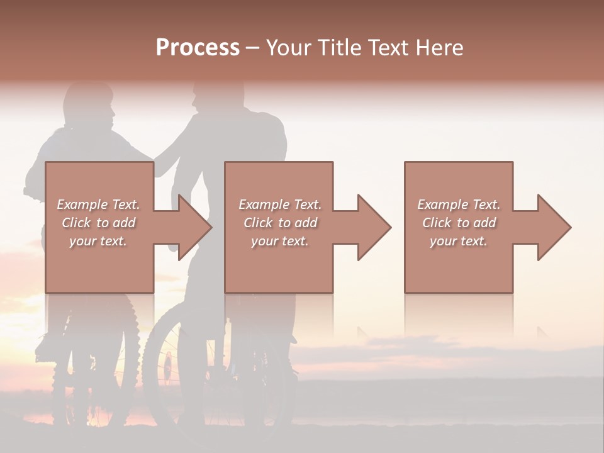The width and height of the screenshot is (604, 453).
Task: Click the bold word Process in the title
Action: pos(198,47)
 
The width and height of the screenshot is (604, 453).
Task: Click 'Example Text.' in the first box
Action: pos(98,204)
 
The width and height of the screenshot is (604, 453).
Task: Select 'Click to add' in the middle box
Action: pos(280,223)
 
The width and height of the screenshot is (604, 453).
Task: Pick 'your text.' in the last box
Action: pos(459,241)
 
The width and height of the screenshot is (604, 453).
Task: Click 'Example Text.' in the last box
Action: pos(459,204)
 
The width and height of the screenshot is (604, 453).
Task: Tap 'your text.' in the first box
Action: pos(98,241)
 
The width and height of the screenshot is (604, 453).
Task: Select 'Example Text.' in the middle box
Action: pos(280,204)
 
